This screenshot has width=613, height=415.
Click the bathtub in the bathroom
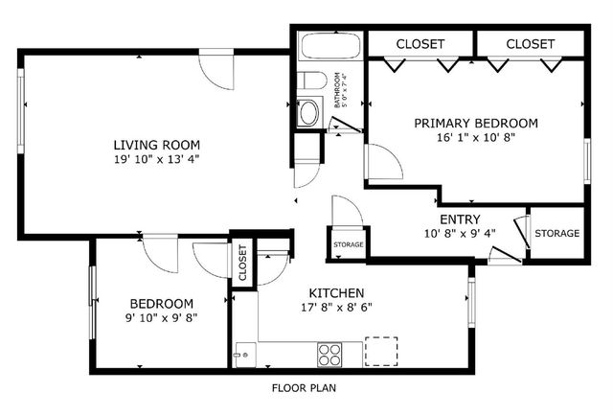[x=330, y=46]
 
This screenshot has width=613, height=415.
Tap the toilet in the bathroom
[x=311, y=81]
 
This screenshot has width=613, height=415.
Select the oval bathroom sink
[x=308, y=113]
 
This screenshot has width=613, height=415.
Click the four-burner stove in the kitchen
[x=329, y=355]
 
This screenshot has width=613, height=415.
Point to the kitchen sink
[x=245, y=355]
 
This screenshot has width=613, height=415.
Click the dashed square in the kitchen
[x=381, y=352]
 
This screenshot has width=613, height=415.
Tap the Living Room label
[x=157, y=145]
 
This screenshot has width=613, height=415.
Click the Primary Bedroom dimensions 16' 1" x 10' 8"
[x=476, y=138]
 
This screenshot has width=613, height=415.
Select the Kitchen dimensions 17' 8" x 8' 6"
[x=336, y=308]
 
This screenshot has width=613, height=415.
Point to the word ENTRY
[x=460, y=219]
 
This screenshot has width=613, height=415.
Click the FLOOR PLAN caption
[x=304, y=388]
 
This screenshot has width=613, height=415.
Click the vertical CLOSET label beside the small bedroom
[x=242, y=263]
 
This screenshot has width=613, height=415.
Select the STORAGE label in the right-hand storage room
[x=557, y=234]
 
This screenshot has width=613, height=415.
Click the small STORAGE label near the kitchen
[x=349, y=244]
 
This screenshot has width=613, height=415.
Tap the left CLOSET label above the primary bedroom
[x=420, y=44]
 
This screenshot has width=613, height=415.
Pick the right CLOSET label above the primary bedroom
[x=530, y=44]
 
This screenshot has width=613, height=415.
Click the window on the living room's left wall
[x=21, y=111]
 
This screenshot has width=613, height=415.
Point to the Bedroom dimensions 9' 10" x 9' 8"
[x=162, y=318]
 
